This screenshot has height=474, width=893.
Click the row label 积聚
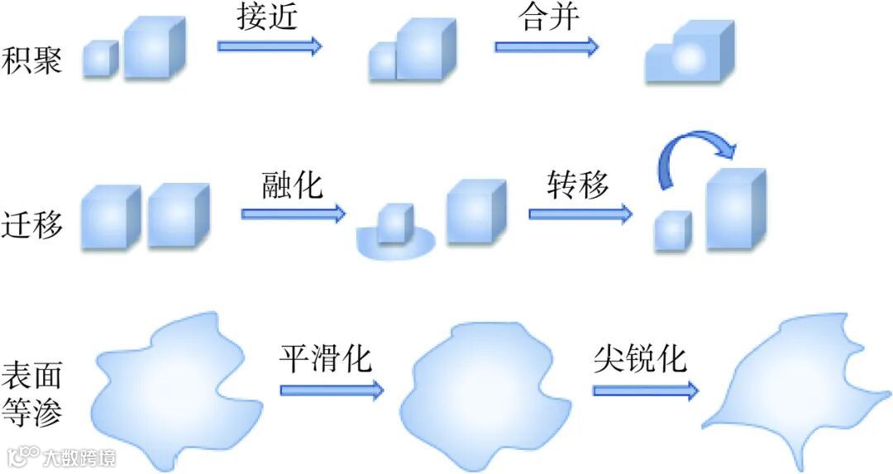coord(32,60)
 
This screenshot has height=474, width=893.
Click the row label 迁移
coord(32,225)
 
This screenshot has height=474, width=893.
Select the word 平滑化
coord(325,358)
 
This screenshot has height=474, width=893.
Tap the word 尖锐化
coord(640,358)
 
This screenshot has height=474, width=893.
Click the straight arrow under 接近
coord(270,45)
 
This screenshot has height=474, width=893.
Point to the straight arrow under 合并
coord(547,45)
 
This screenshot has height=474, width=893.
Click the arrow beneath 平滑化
coord(332,389)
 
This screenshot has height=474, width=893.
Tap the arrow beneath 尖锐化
coord(646,390)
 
